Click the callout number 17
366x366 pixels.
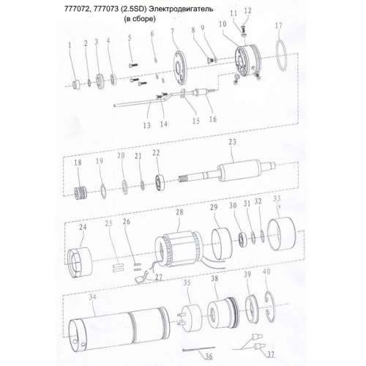(278, 26)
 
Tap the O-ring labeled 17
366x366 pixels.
(277, 56)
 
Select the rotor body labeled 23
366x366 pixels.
(235, 173)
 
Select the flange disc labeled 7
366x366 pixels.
(180, 67)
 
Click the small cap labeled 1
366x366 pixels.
(76, 84)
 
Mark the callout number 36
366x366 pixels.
(209, 356)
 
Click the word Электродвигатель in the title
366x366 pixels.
(181, 9)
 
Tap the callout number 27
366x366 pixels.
(159, 277)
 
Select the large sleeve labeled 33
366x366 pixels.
(282, 234)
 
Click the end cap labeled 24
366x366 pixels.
(80, 263)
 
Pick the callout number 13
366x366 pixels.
(147, 125)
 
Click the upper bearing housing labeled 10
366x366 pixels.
(247, 61)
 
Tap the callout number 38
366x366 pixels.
(214, 278)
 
